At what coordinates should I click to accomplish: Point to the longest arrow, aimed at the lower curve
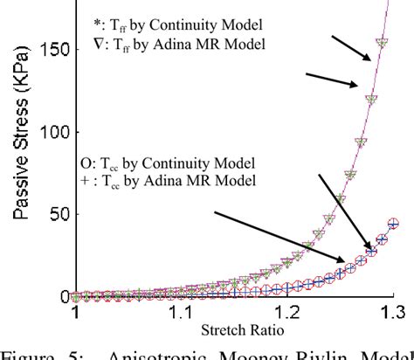pos(279,234)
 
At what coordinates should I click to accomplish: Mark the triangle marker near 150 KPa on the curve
pos(381,42)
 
